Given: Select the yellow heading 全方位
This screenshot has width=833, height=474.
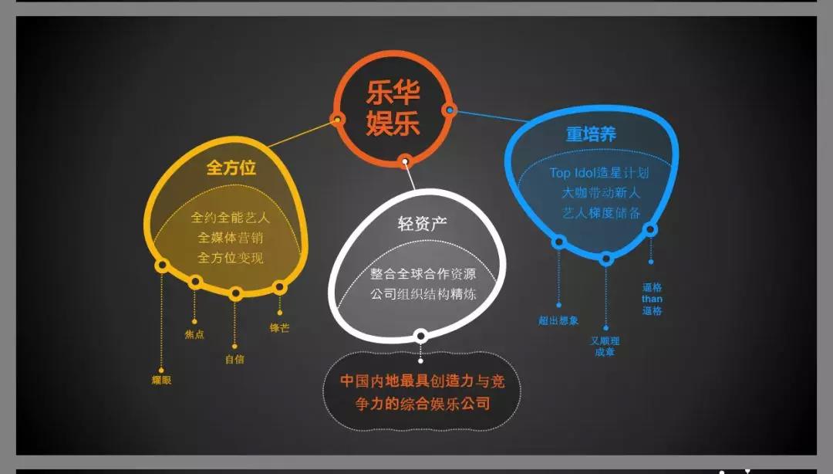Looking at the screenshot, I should (231, 168).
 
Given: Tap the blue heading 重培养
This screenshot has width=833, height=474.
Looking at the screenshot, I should (591, 134).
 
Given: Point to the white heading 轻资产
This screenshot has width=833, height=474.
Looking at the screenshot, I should (422, 224).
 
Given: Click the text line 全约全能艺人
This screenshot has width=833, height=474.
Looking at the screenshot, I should (231, 218).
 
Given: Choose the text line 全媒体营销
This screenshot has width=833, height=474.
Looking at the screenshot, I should (231, 238).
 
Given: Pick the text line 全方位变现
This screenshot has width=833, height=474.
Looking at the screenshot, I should (231, 258).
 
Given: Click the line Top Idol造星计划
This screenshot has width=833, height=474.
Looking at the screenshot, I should (599, 173).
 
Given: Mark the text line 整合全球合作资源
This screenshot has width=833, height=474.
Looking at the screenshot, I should (422, 274).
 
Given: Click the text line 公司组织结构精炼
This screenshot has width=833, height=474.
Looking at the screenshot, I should (422, 294).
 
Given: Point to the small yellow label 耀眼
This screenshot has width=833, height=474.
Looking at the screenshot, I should (162, 380).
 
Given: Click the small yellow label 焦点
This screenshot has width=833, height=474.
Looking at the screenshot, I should (194, 335).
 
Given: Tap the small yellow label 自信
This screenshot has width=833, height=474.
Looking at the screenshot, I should (234, 359).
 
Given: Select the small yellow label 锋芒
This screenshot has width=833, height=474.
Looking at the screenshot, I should (279, 328).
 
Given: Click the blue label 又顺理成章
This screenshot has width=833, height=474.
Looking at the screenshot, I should (605, 346).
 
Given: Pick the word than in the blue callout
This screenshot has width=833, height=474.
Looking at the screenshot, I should (652, 300).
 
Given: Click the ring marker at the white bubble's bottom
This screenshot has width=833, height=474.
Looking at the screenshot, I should (421, 336).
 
